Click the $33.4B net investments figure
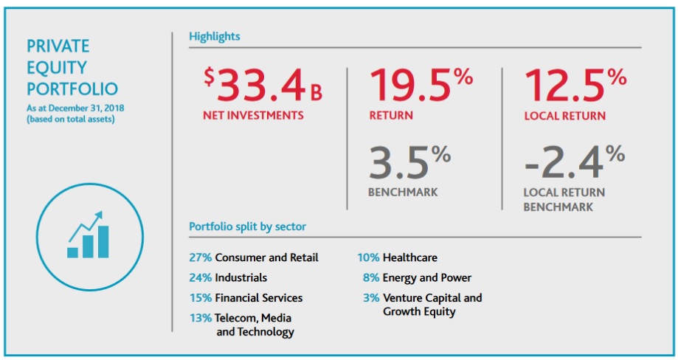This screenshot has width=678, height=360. click(x=264, y=86)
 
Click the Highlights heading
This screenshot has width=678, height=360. click(x=215, y=36)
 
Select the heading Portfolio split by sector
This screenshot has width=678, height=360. click(x=247, y=226)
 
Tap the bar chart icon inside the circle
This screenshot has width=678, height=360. click(x=89, y=235)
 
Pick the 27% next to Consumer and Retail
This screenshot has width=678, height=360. click(x=200, y=257)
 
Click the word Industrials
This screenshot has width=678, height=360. click(x=241, y=278)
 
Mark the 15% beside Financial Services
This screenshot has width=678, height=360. click(x=200, y=298)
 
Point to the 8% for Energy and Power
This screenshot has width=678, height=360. click(x=371, y=278)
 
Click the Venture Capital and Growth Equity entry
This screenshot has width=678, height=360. click(x=432, y=305)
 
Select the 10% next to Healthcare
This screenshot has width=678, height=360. click(x=369, y=257)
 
